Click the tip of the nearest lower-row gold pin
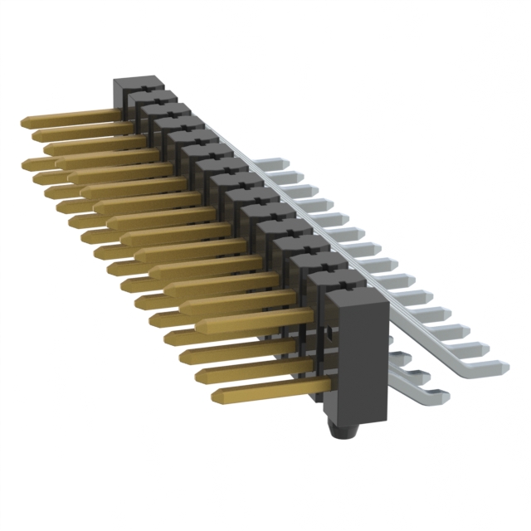point(217,397)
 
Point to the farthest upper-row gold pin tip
point(26,122)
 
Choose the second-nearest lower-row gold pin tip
point(200,376)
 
